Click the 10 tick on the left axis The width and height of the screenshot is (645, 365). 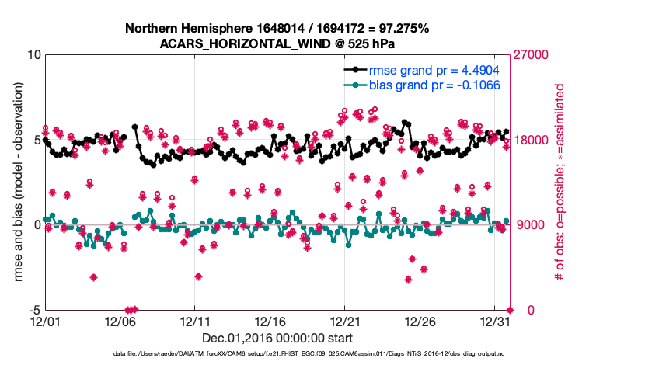34,55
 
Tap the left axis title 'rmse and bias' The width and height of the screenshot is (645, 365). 17,182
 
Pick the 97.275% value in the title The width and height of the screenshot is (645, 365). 400,29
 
